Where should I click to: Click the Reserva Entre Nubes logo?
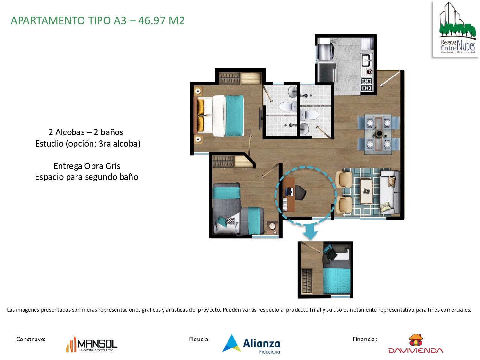(x=456, y=29)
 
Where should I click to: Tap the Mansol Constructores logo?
(x=92, y=344)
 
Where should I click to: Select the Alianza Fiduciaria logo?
(x=252, y=344)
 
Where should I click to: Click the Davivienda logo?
(x=416, y=344)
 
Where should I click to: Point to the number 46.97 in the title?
(x=152, y=20)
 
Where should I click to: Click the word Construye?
(x=31, y=339)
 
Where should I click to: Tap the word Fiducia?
(x=199, y=339)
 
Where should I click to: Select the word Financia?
(x=364, y=339)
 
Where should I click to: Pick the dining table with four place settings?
(x=379, y=132)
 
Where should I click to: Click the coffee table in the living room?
(x=366, y=191)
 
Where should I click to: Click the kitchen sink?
(x=366, y=59)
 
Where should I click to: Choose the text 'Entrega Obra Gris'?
(x=87, y=166)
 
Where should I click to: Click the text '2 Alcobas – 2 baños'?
(x=85, y=132)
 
